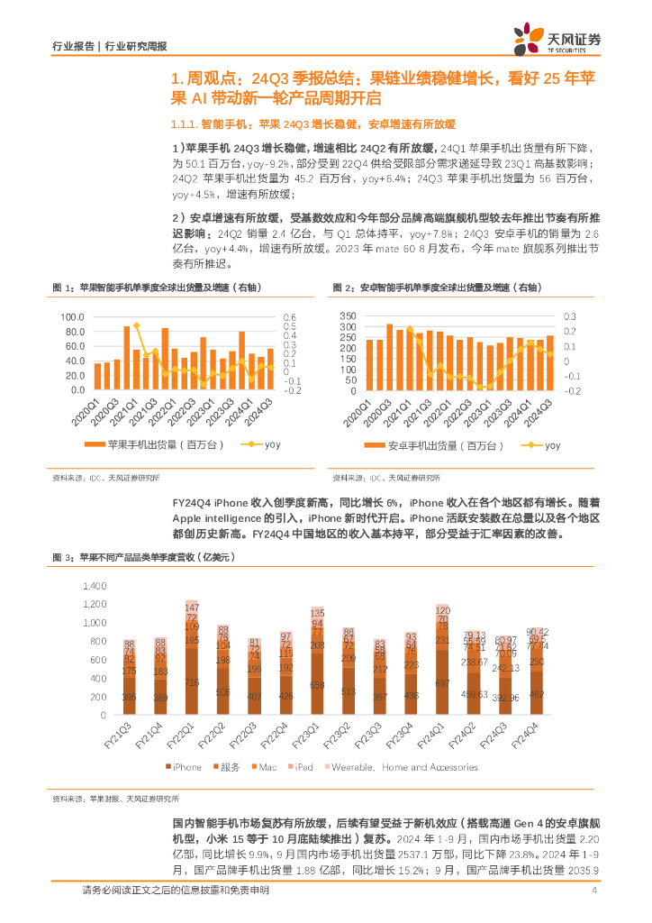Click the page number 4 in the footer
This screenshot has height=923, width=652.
(594, 891)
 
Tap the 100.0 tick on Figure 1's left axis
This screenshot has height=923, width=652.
(71, 317)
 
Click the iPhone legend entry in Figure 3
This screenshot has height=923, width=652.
(186, 767)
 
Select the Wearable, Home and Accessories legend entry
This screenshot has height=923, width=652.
(404, 767)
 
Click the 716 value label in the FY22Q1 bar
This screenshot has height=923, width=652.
(191, 684)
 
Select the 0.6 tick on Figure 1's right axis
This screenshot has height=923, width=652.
(290, 317)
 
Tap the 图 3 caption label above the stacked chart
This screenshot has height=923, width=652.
(63, 559)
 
